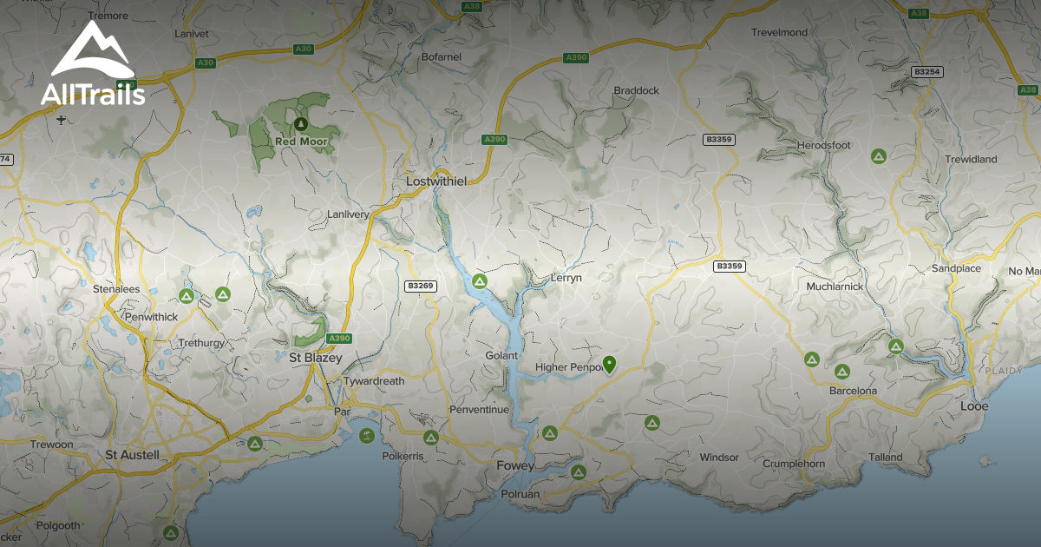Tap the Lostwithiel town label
coord(436,181)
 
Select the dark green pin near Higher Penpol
coord(609,365)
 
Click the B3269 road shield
coord(420,286)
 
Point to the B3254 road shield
coord(926,71)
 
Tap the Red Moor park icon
coord(301,123)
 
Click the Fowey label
coord(515,465)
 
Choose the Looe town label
coord(974,405)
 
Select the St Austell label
coord(132,454)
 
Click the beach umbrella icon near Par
coord(366,435)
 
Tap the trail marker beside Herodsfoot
coord(878,156)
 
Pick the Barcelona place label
coord(853,391)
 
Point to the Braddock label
coord(636,90)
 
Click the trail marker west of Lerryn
coord(479,281)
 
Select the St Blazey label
coord(316,358)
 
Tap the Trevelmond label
coord(779,32)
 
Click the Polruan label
coord(520,494)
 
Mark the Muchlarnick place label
coord(834,286)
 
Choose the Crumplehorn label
coord(793,464)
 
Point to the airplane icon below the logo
coord(59,118)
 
